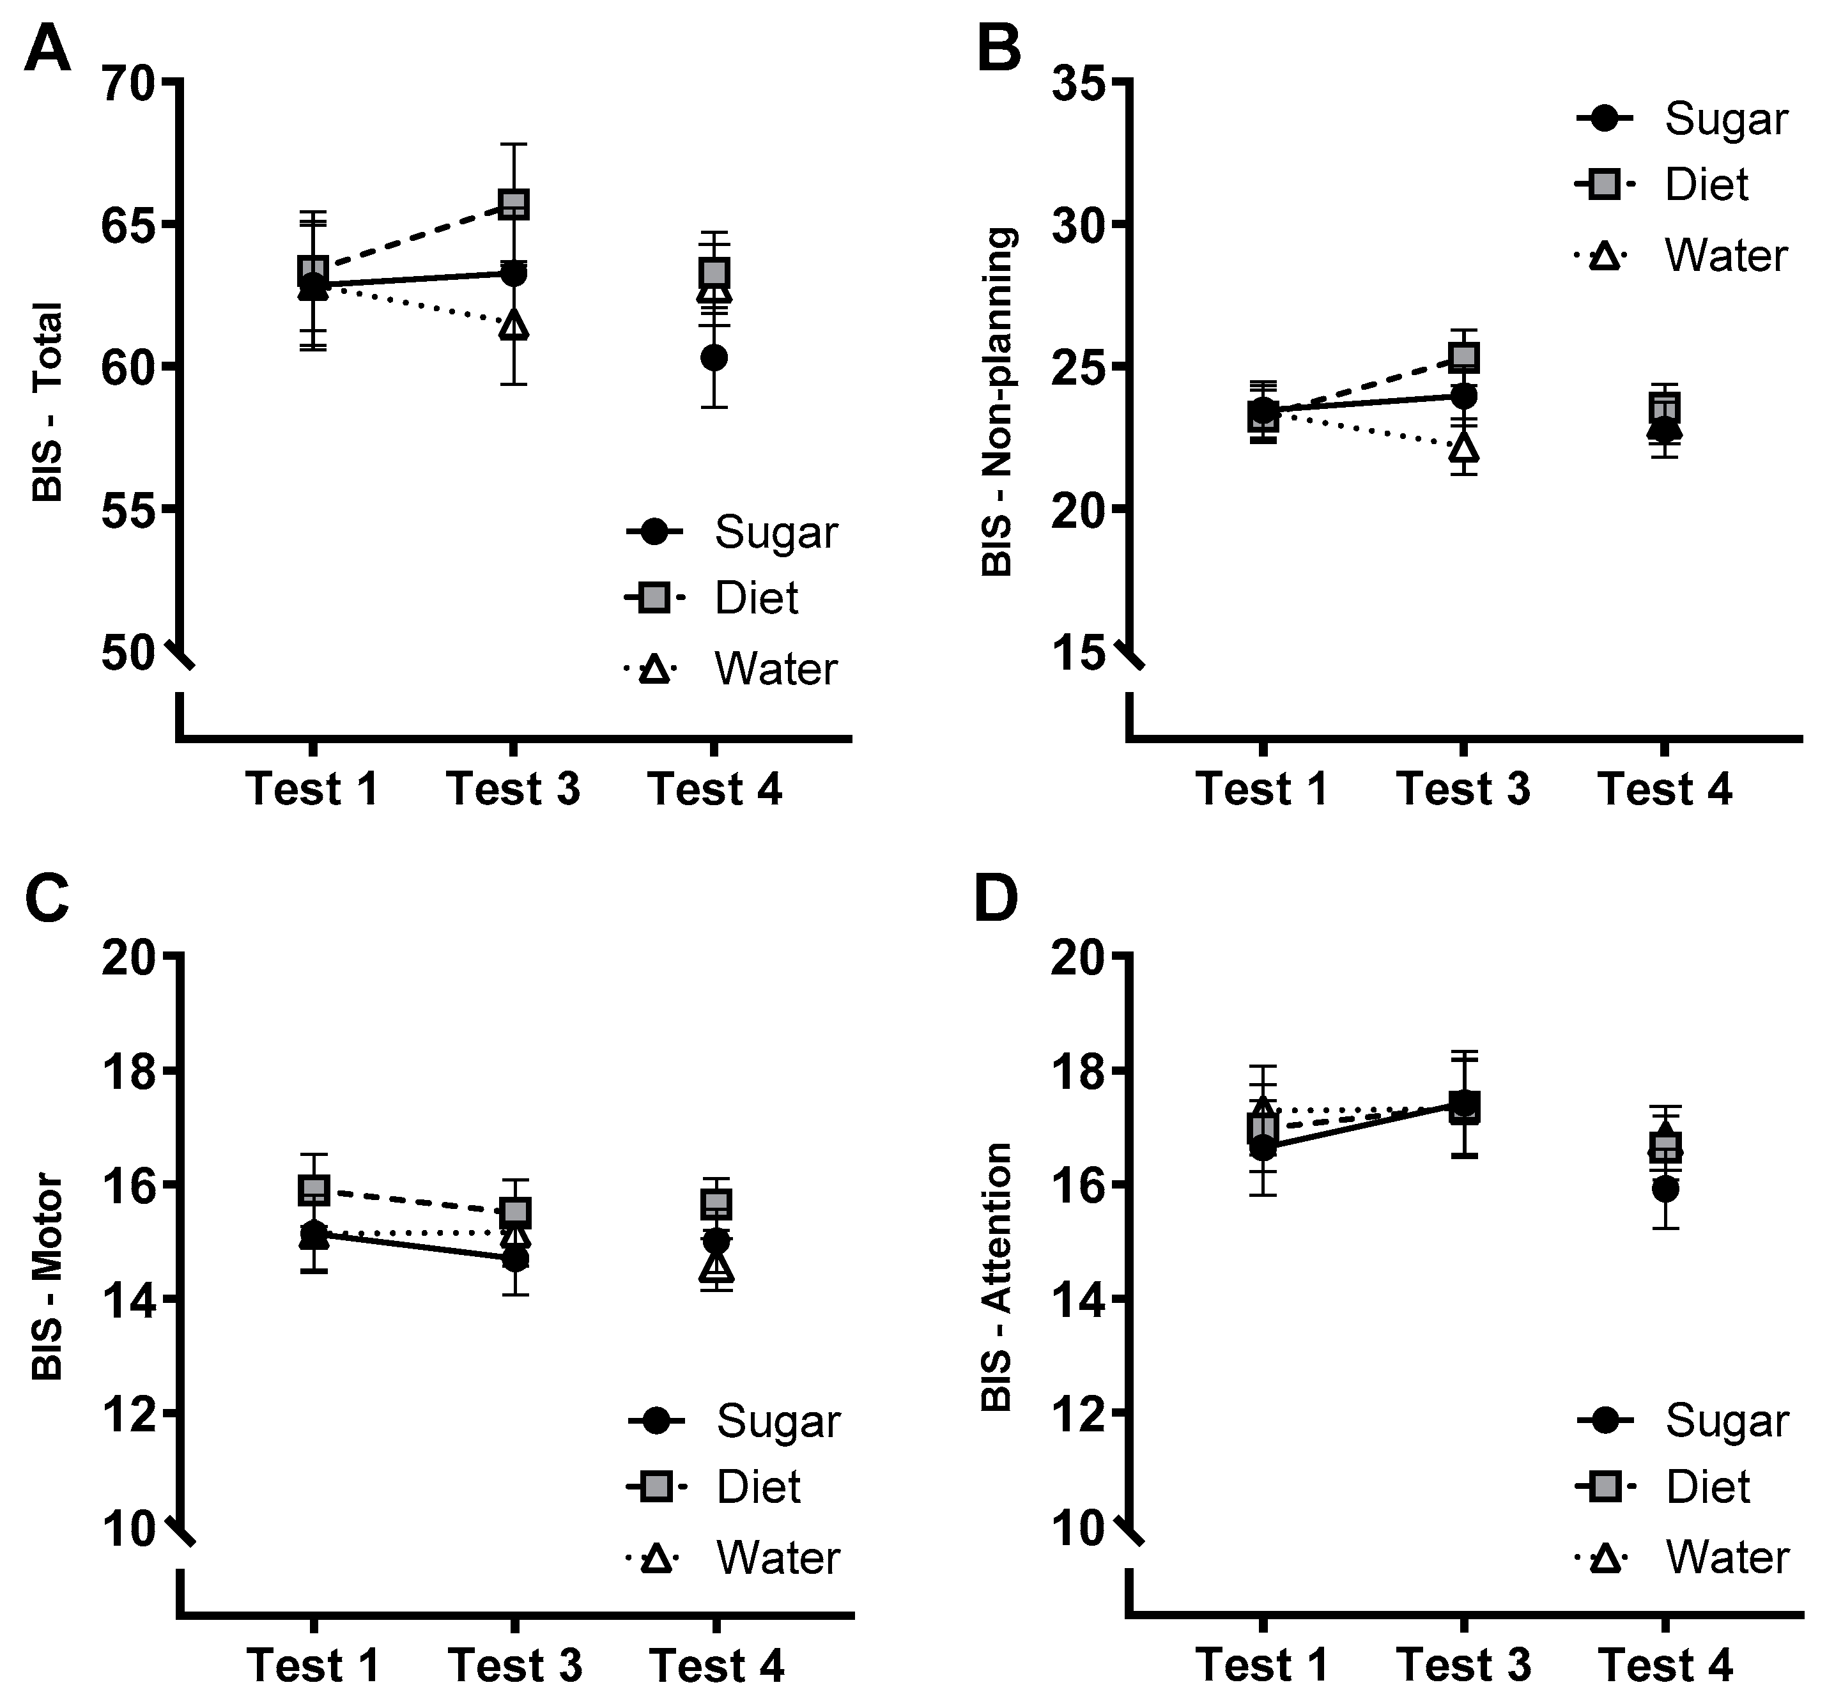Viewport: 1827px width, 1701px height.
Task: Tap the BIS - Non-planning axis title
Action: [997, 401]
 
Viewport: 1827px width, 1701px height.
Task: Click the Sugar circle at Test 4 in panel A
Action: [714, 357]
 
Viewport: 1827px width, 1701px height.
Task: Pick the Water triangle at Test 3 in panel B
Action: [1464, 447]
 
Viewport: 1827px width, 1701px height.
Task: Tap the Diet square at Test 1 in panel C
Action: [314, 1190]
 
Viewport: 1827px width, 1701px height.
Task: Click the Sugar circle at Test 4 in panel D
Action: [1665, 1189]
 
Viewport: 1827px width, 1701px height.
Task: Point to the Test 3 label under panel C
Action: [514, 1665]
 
